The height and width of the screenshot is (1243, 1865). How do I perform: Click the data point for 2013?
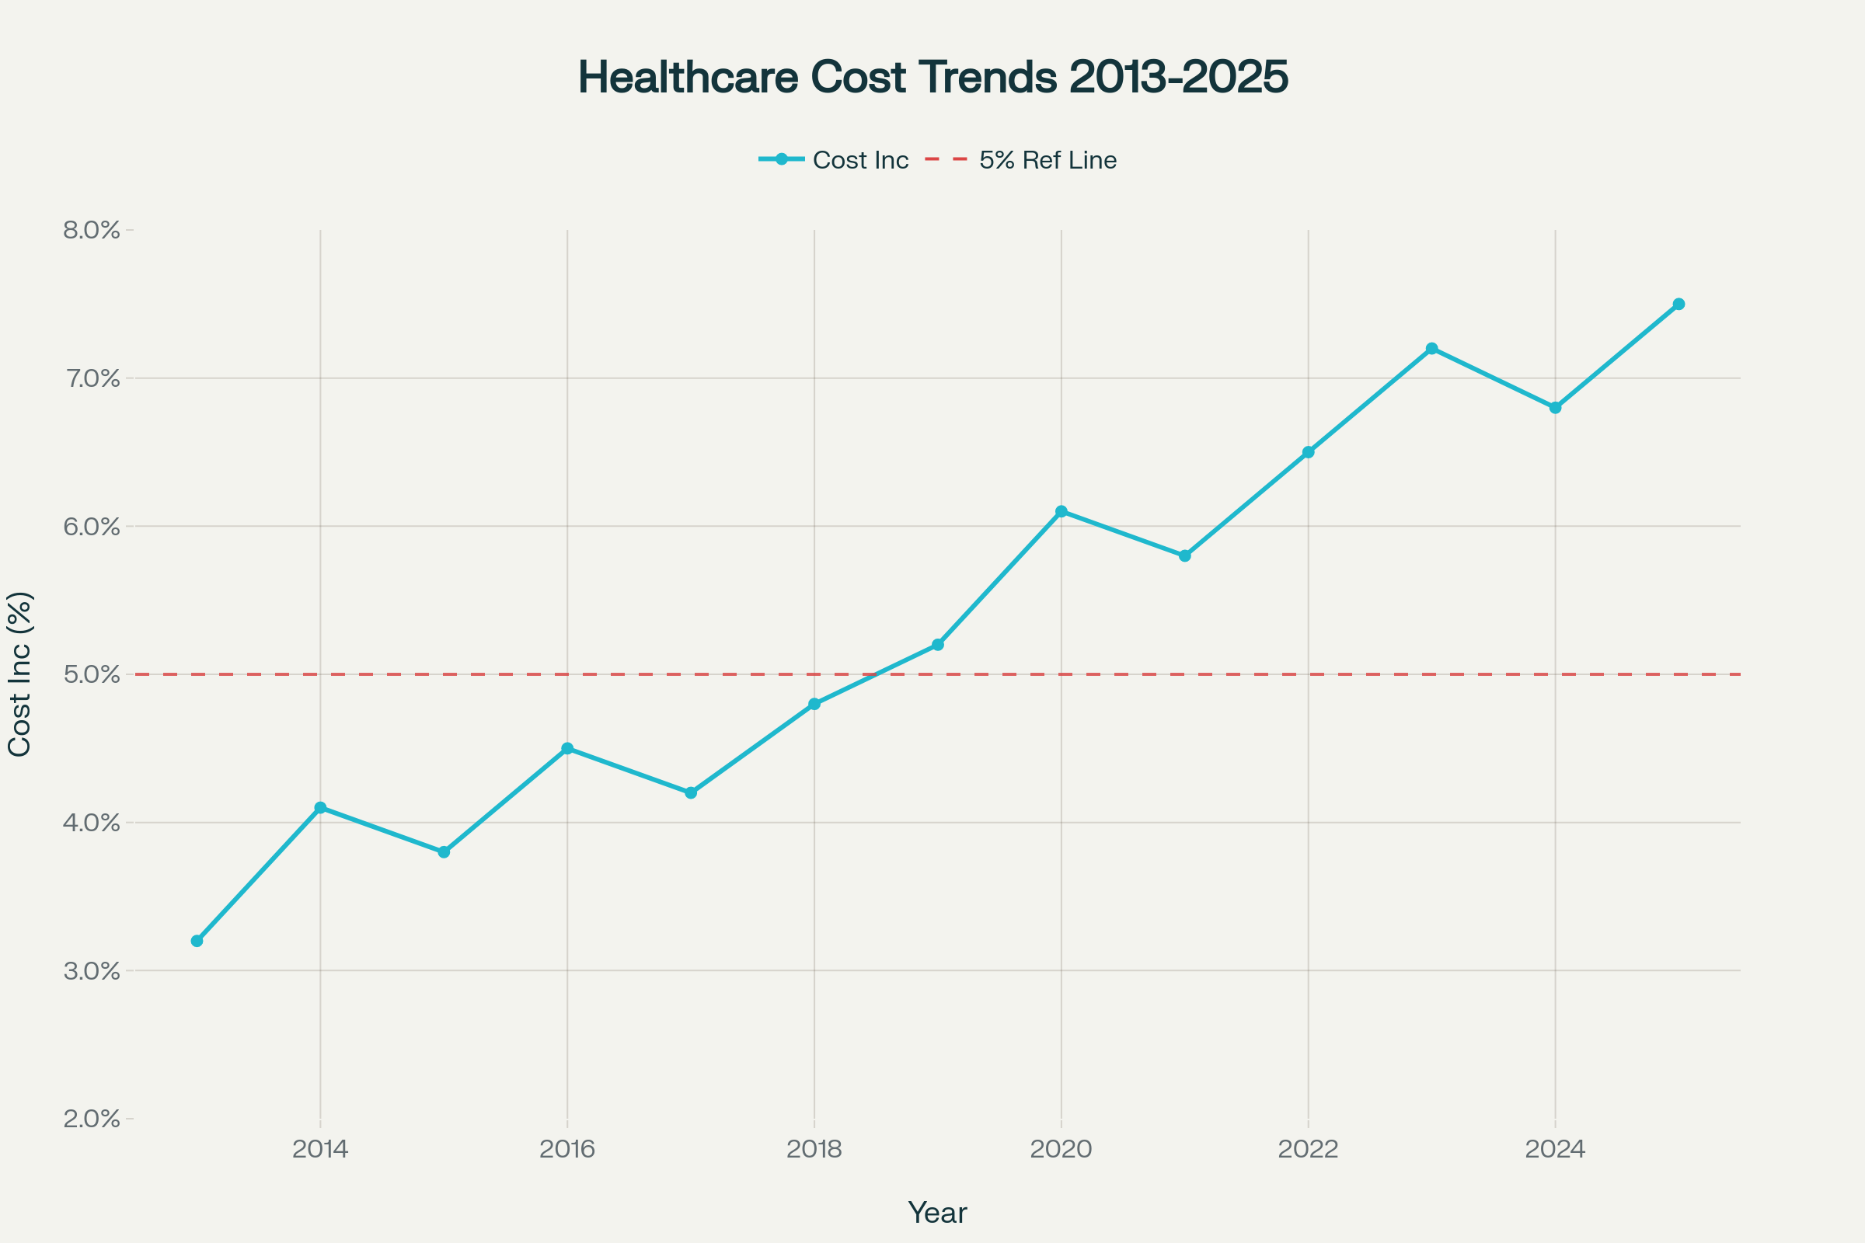(x=197, y=941)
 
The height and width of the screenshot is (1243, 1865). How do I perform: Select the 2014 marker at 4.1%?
(x=320, y=808)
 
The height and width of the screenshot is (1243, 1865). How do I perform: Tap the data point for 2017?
(x=691, y=792)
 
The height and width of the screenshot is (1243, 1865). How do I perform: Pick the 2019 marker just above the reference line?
(x=938, y=645)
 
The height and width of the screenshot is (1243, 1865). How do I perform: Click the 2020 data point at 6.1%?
(x=1061, y=511)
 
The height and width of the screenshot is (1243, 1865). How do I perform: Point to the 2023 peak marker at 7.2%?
(x=1431, y=349)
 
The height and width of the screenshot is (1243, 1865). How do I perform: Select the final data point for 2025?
(x=1678, y=305)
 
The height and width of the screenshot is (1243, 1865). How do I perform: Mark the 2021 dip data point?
(x=1184, y=555)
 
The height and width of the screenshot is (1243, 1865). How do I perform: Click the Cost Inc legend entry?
(x=859, y=160)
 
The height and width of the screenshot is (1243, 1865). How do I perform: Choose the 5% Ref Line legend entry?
(x=1047, y=160)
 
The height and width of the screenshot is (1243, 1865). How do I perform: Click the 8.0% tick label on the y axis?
(x=92, y=231)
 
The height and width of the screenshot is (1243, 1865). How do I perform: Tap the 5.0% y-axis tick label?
(x=92, y=674)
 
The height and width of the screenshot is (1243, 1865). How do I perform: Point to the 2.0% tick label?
(x=92, y=1119)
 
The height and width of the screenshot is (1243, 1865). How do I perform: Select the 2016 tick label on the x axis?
(x=567, y=1150)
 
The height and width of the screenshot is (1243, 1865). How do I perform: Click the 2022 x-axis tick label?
(x=1309, y=1150)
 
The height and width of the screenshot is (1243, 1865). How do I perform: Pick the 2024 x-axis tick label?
(x=1555, y=1150)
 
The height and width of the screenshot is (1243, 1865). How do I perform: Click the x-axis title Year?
(x=937, y=1213)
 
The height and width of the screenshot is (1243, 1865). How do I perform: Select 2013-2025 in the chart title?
(x=1178, y=77)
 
